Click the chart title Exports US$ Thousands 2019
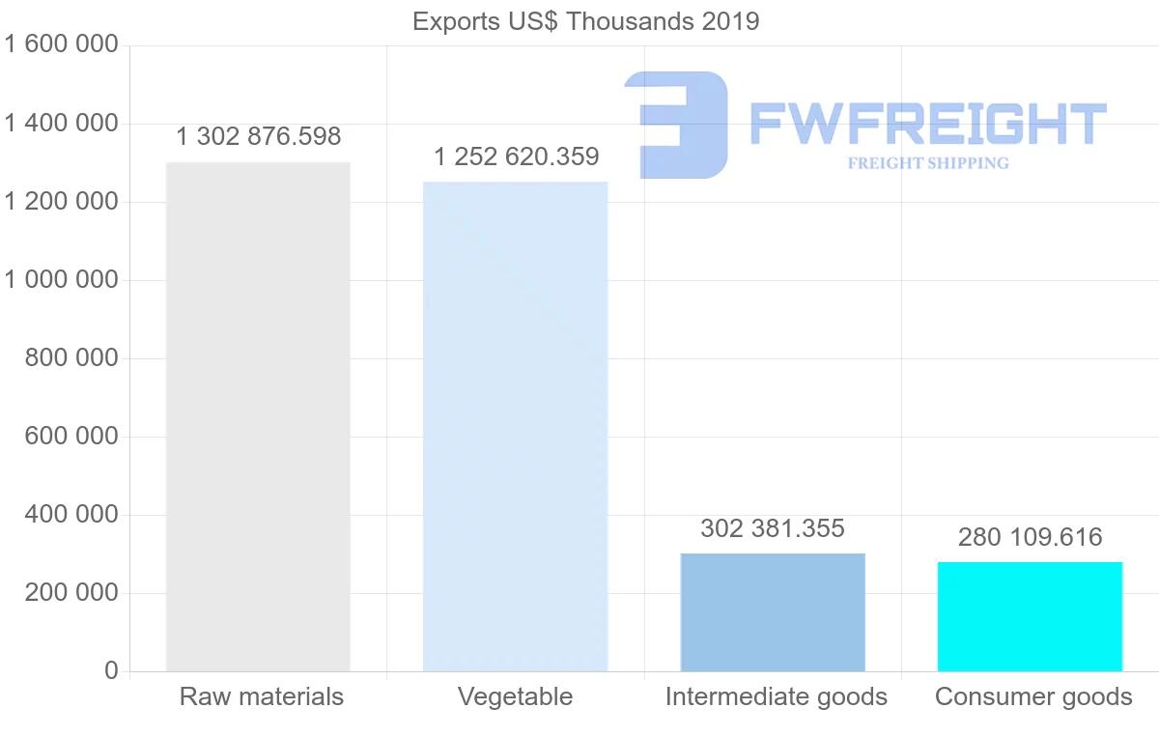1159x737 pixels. [585, 21]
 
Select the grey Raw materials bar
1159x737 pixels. [258, 416]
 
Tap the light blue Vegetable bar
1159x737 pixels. [516, 426]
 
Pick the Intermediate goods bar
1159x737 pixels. [773, 612]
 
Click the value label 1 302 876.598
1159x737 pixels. [258, 137]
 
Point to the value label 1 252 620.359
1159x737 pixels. [516, 156]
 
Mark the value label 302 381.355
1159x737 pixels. [773, 528]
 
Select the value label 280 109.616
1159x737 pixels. [1030, 537]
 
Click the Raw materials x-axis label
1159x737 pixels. [261, 696]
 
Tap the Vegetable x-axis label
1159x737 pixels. [516, 696]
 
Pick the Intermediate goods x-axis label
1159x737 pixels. [776, 696]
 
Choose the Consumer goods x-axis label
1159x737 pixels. [1033, 696]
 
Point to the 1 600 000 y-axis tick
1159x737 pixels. [61, 45]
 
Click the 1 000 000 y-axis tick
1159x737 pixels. [61, 280]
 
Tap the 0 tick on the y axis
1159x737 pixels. [111, 671]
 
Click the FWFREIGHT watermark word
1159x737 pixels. [927, 125]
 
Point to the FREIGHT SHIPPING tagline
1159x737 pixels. [928, 163]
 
